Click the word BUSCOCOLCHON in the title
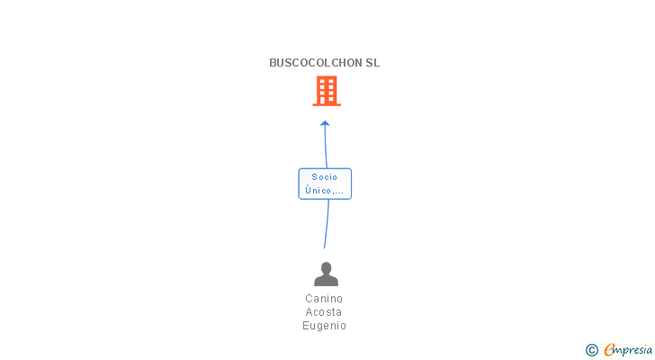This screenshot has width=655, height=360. click(x=315, y=63)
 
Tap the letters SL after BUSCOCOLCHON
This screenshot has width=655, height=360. click(x=372, y=63)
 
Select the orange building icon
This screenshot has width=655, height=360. click(x=326, y=90)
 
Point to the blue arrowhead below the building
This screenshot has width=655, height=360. click(x=325, y=123)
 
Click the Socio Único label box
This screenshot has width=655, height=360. click(x=325, y=184)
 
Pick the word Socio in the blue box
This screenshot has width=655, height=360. click(x=325, y=177)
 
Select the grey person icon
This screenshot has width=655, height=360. click(x=326, y=274)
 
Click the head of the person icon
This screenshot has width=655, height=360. click(x=326, y=267)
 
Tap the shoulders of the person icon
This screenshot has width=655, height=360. click(x=326, y=281)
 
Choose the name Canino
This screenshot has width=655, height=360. click(x=324, y=299)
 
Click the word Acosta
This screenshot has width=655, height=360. click(x=324, y=312)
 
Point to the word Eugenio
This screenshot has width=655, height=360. click(x=324, y=326)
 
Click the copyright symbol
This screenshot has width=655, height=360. click(x=591, y=350)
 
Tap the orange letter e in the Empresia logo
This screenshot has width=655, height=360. click(x=610, y=350)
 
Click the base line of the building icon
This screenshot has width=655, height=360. click(x=326, y=104)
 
